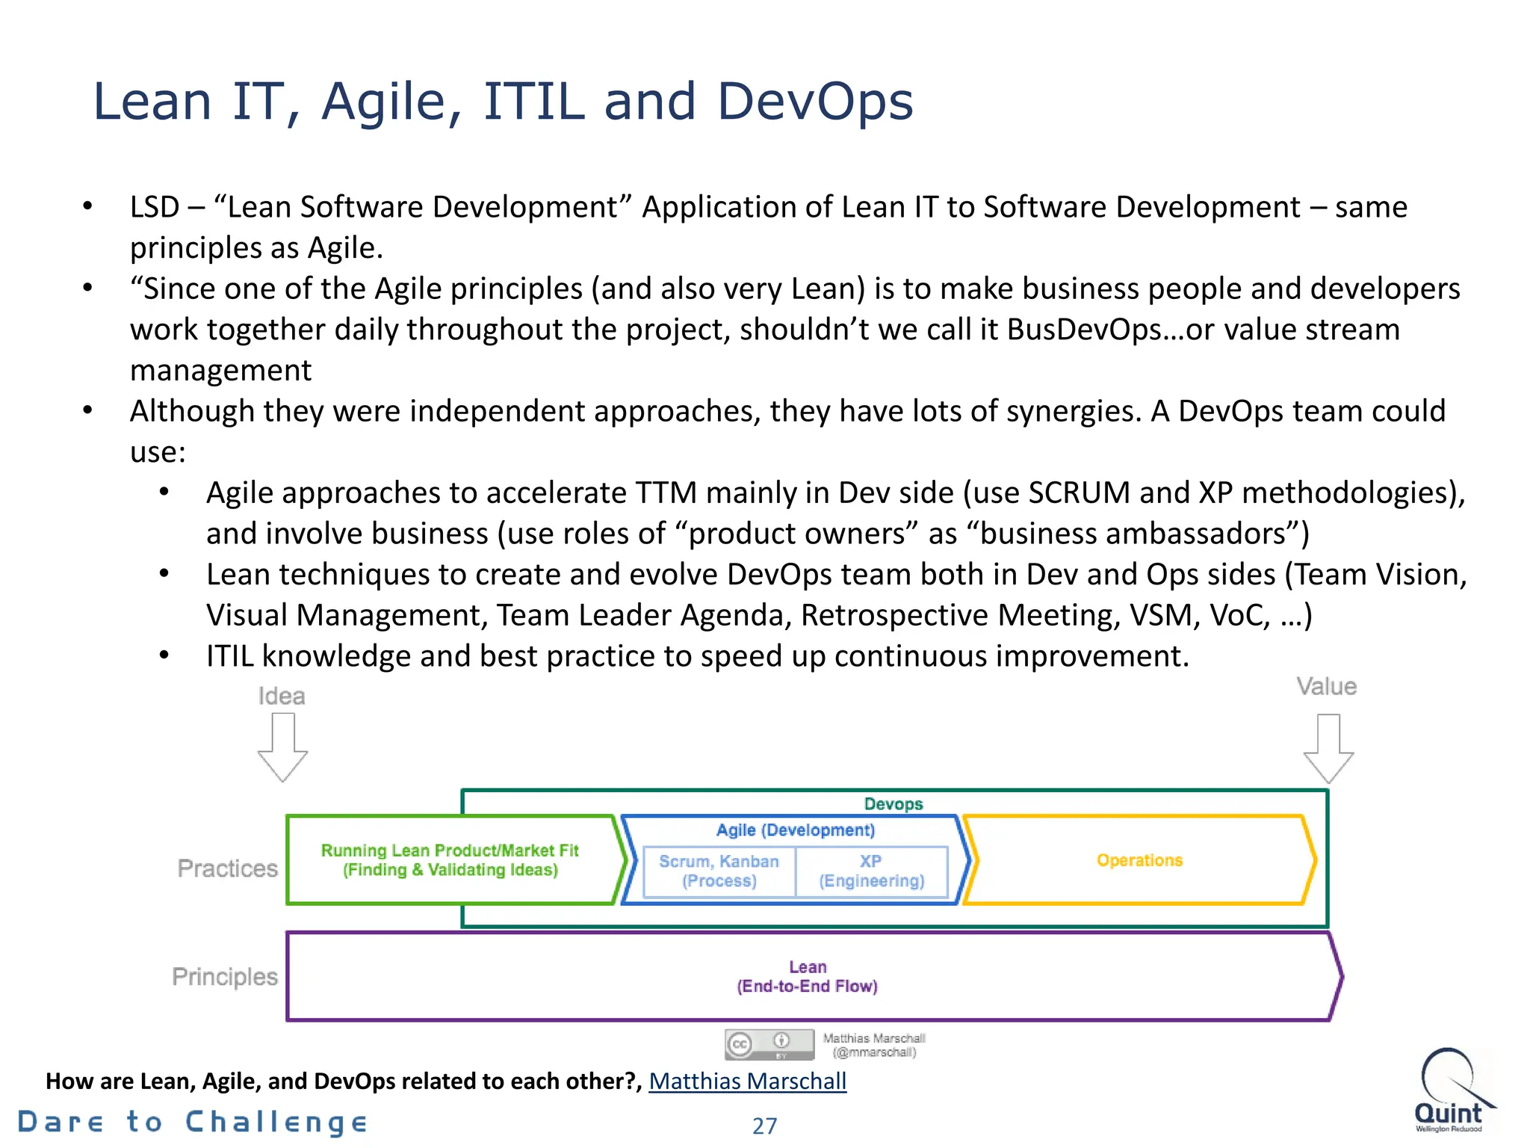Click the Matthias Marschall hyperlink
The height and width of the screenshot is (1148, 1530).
(x=747, y=1081)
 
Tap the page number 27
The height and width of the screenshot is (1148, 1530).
(x=764, y=1126)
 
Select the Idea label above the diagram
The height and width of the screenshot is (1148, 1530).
(x=282, y=696)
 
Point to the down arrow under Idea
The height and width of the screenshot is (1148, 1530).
(x=282, y=747)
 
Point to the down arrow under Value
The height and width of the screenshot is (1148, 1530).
(x=1328, y=748)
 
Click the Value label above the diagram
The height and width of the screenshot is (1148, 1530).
(x=1326, y=686)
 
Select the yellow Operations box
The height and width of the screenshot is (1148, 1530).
(x=1139, y=860)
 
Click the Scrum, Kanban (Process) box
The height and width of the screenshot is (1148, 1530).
(x=719, y=871)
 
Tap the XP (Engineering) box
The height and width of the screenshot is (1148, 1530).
(x=871, y=871)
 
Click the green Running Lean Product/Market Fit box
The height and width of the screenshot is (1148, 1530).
(x=450, y=860)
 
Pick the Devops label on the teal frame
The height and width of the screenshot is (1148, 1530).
(x=893, y=803)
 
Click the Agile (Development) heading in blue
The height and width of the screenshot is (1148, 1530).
(x=795, y=830)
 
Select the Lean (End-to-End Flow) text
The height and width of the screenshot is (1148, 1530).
(x=807, y=977)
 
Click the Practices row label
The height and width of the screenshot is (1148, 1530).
(x=227, y=868)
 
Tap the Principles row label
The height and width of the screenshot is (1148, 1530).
(x=224, y=977)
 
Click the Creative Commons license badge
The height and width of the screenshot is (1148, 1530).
(x=769, y=1044)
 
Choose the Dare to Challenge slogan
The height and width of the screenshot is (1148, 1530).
(x=193, y=1123)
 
